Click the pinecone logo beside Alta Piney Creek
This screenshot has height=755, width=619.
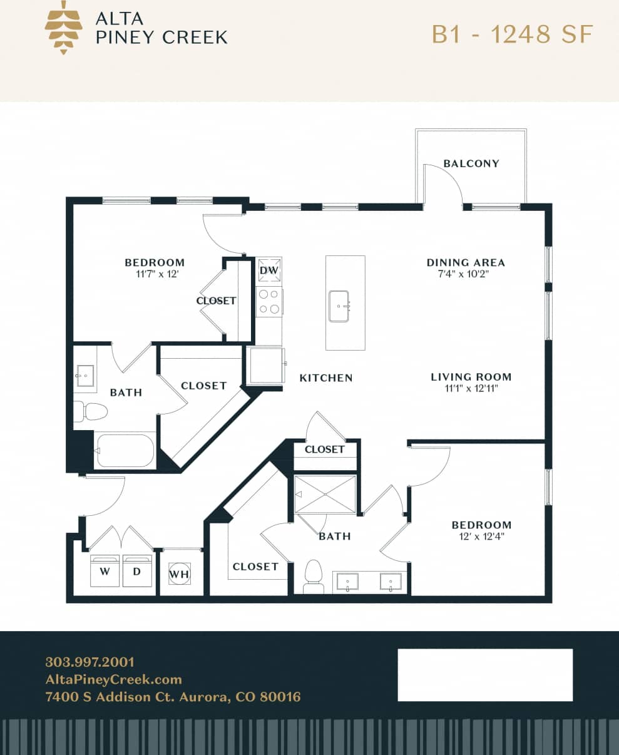63,27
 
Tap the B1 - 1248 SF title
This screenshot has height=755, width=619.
512,34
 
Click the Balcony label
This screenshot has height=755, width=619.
471,163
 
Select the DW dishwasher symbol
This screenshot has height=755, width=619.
269,270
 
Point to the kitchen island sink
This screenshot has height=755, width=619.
339,306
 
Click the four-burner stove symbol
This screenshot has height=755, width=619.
269,301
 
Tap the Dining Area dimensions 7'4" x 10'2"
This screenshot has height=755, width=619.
466,274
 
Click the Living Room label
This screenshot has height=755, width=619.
471,377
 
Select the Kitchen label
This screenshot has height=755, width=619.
325,377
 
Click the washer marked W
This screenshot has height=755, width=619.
105,571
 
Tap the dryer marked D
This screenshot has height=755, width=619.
137,571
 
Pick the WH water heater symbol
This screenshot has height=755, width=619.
179,573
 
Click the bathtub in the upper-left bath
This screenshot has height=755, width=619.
125,451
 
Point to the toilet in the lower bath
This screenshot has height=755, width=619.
313,576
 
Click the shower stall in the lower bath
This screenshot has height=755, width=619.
325,495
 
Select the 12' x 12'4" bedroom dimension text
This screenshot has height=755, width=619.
481,537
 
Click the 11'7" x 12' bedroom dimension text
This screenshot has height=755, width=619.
154,274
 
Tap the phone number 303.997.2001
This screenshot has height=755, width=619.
90,662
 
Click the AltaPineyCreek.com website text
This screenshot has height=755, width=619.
113,679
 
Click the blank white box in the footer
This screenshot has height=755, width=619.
485,675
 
